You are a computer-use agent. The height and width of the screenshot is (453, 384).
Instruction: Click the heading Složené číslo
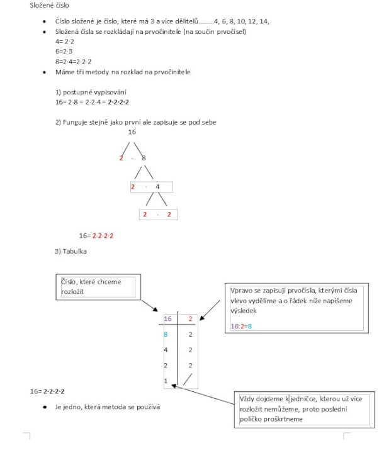click(48, 6)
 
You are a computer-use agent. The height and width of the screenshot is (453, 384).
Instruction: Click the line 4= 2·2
click(64, 40)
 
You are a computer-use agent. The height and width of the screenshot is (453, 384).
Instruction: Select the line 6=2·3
click(64, 50)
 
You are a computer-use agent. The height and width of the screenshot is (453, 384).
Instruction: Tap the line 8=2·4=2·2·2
click(72, 61)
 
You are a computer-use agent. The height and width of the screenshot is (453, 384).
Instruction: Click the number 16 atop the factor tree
click(132, 132)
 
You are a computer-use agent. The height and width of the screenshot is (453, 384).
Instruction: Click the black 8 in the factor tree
click(144, 158)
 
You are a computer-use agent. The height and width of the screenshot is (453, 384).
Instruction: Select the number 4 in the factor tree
click(157, 187)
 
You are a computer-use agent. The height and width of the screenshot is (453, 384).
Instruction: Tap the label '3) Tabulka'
click(71, 252)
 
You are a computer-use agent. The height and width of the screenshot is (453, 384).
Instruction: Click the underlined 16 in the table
click(167, 319)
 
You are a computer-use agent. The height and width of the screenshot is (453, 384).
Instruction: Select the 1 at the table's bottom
click(165, 381)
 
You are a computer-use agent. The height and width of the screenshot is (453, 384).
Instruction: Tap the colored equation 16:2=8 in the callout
click(241, 326)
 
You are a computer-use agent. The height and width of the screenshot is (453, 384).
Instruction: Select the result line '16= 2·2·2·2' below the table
click(47, 391)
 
